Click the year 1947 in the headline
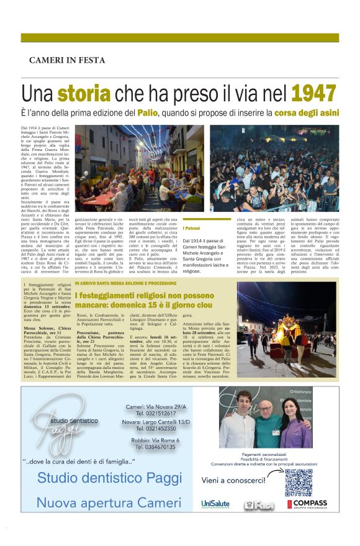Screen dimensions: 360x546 click(315, 93)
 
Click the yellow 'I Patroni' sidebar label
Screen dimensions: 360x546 click(194, 229)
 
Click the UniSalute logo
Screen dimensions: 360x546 click(216, 504)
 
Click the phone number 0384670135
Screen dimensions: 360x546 click(156, 447)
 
